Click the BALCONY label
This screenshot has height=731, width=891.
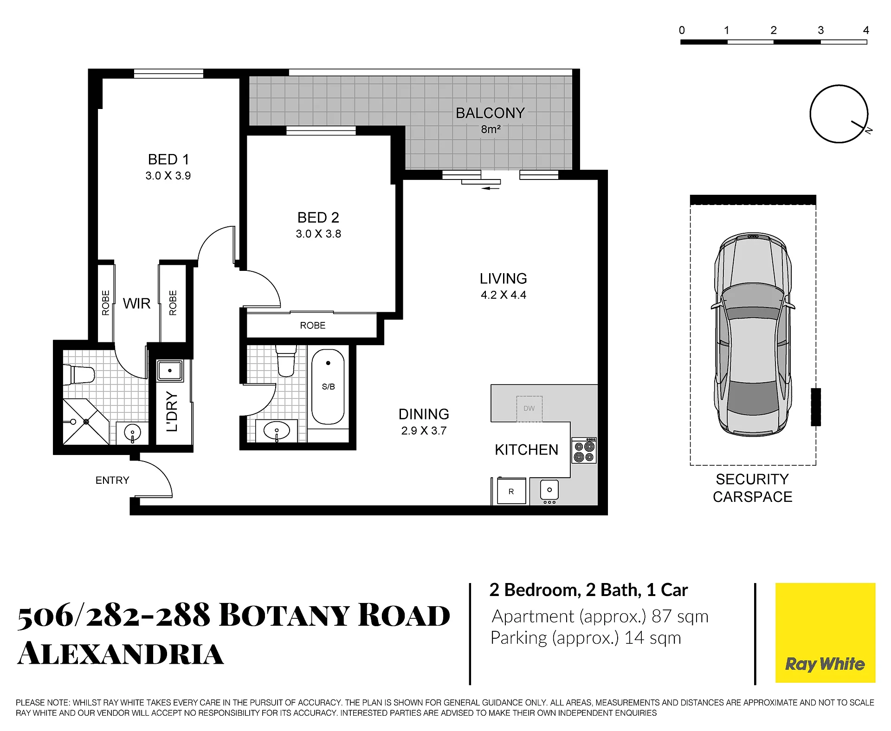pos(490,113)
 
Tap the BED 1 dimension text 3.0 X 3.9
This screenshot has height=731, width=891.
pos(168,176)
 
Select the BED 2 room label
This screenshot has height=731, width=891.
pos(318,218)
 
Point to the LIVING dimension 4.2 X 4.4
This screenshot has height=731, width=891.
pos(504,295)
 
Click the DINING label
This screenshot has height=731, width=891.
pos(424,414)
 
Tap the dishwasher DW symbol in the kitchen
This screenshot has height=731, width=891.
pos(529,409)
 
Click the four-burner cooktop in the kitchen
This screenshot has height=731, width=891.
pos(584,450)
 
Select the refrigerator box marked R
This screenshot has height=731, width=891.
pos(511,491)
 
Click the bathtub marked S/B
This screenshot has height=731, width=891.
pos(328,387)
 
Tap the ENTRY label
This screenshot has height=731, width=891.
pos(112,481)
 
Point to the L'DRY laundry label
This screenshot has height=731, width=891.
pos(172,412)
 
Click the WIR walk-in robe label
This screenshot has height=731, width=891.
pos(136,304)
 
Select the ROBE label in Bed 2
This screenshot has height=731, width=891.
pos(313,326)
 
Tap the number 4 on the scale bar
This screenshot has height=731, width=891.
pos(866,31)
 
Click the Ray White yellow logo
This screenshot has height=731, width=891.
pos(826,633)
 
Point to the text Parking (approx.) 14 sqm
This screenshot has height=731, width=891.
pos(586,638)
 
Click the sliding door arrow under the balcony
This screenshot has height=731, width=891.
pos(491,188)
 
